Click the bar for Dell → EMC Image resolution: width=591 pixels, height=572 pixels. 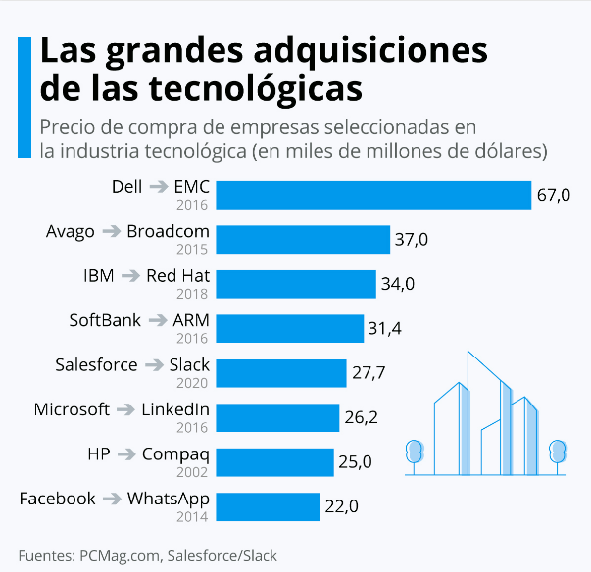point(372,195)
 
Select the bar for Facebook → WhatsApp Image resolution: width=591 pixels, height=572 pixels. point(268,506)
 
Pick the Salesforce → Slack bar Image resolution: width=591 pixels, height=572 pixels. point(281,373)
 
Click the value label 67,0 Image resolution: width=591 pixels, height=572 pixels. point(554,195)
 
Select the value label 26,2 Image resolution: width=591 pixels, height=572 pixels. point(361,417)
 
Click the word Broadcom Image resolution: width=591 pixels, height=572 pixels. point(169,231)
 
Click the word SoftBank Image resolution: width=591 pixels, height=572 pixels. point(105,320)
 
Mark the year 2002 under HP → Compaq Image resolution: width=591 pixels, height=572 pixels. point(193,472)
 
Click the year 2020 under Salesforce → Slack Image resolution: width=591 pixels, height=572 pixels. point(193,383)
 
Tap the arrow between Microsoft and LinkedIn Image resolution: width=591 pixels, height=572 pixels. point(125,410)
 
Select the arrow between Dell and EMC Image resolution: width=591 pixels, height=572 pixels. point(158,187)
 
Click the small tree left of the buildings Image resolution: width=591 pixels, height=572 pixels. point(415,453)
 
